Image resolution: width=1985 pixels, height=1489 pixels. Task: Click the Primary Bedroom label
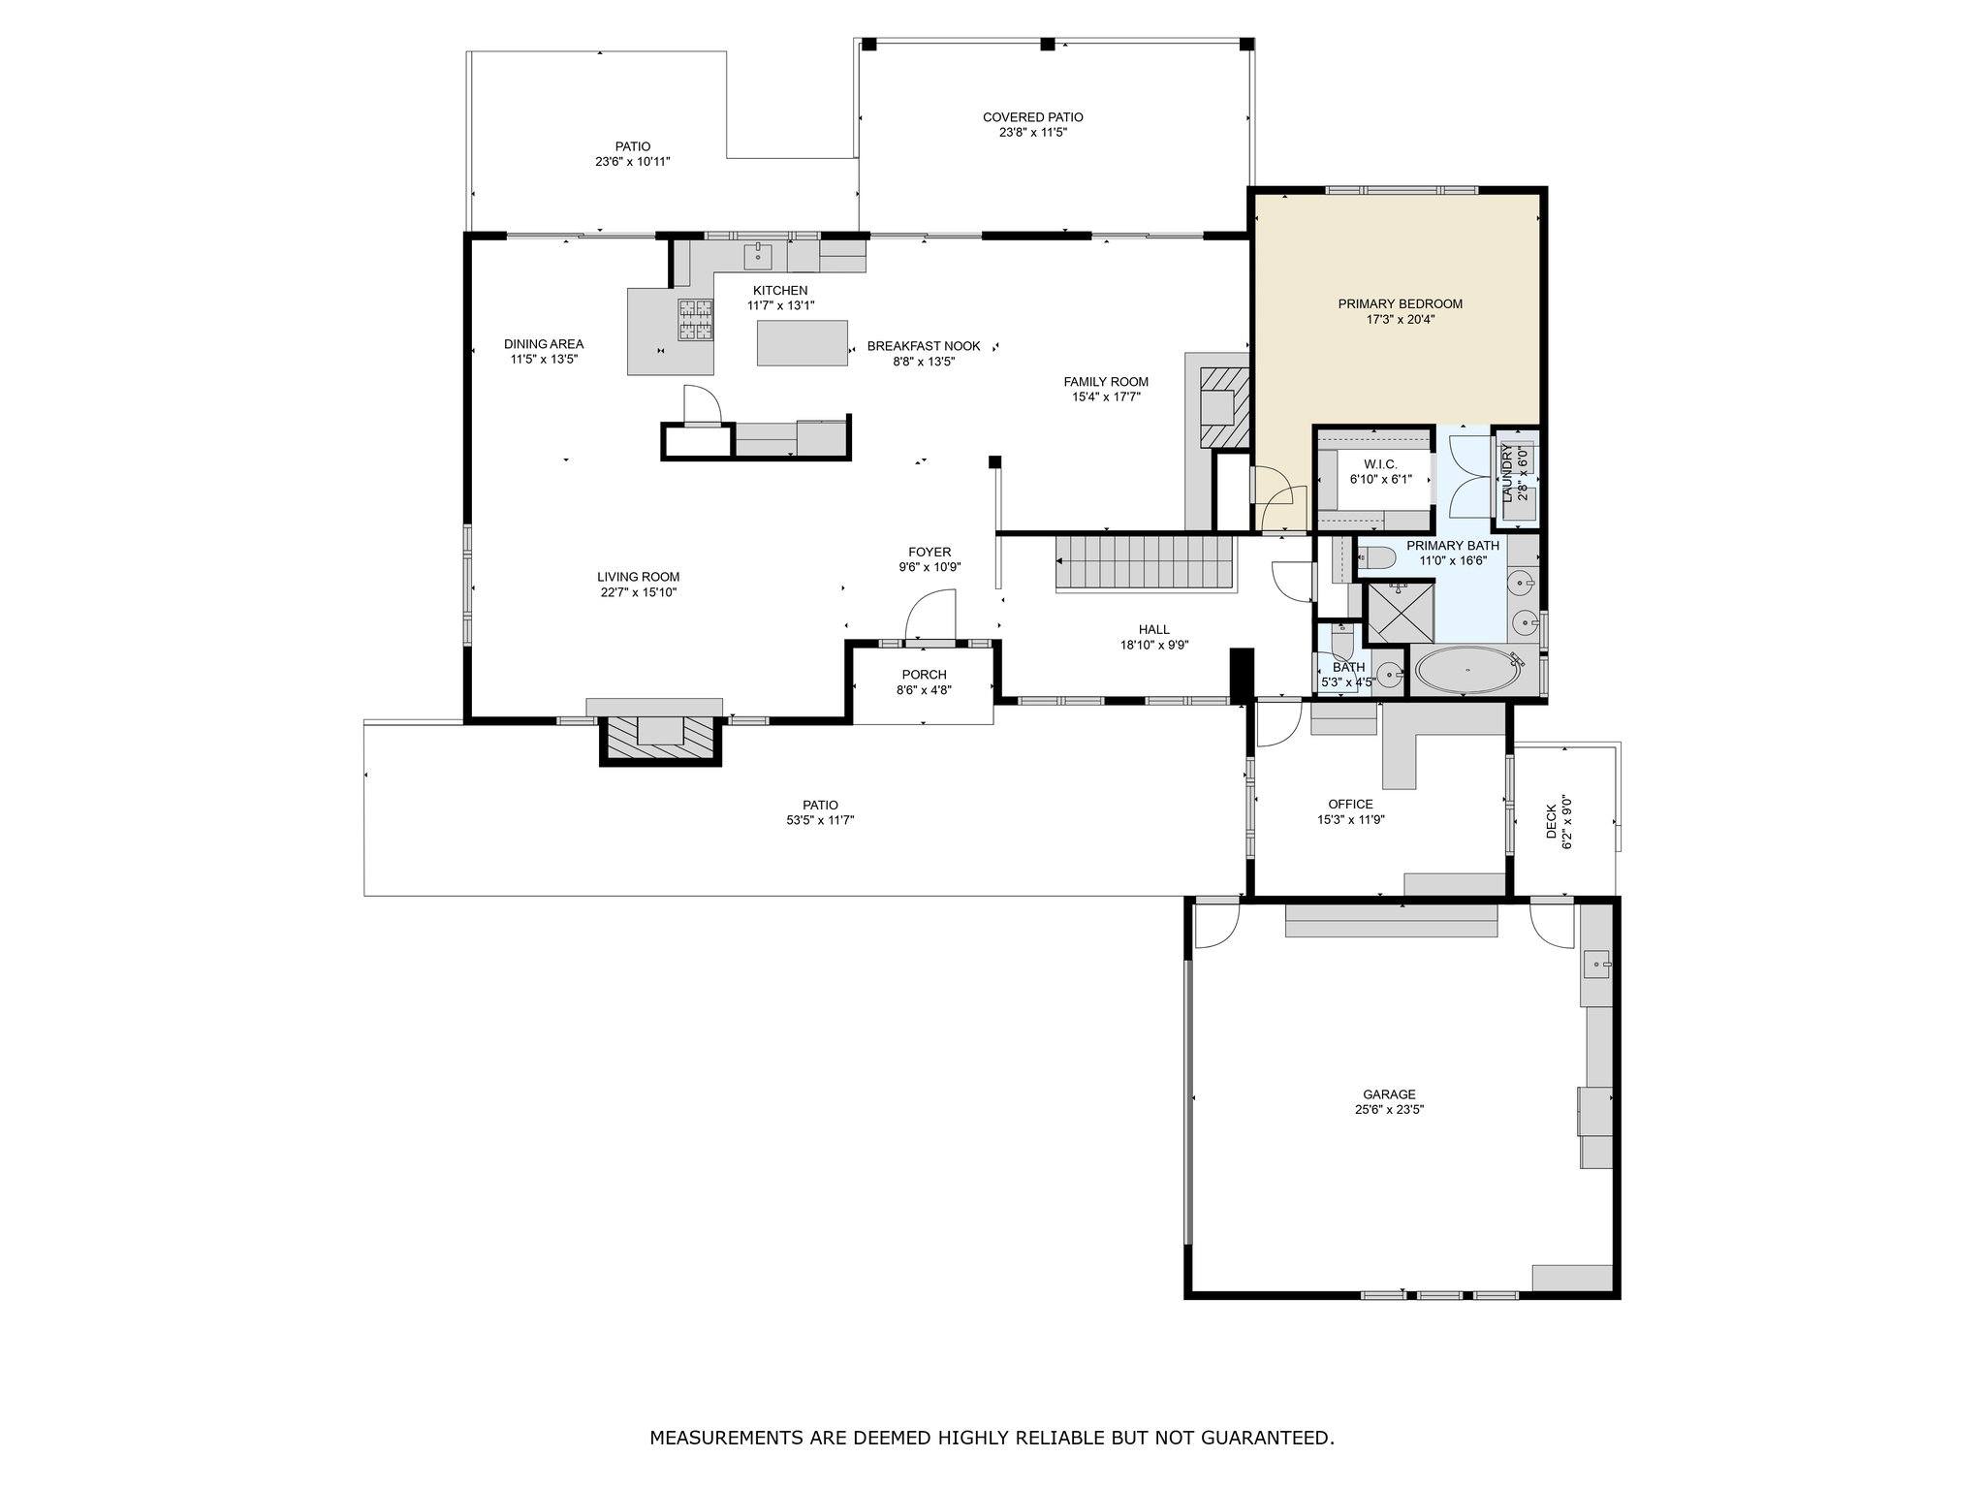(1400, 303)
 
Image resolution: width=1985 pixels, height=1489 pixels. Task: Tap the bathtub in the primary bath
(1466, 669)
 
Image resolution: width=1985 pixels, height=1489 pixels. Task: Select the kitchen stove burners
(694, 320)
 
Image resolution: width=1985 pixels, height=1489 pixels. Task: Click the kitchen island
(803, 343)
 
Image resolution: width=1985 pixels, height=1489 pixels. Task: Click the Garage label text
(1390, 1094)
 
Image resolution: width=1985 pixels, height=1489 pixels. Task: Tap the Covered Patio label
(1033, 117)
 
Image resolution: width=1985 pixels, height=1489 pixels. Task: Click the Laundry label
(1507, 473)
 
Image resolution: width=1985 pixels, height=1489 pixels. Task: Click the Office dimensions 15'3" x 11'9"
(1350, 819)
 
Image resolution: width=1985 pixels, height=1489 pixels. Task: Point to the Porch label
(924, 675)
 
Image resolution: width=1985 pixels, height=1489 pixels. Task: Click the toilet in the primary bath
(1374, 557)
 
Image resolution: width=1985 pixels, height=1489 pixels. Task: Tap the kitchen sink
(758, 257)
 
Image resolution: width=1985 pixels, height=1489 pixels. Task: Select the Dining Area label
(544, 344)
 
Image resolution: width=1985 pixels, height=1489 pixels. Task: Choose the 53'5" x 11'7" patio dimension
(820, 820)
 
